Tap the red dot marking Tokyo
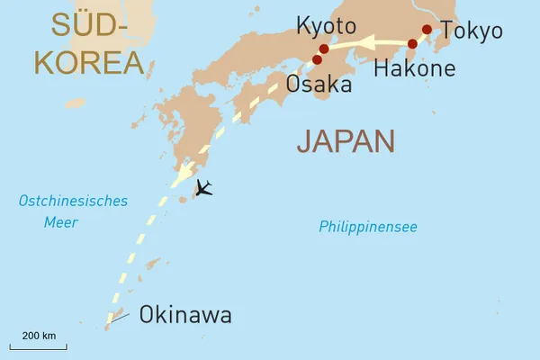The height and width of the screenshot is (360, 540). point(427,29)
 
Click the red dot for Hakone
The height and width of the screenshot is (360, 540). point(412,43)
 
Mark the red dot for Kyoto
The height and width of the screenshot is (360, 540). point(324,49)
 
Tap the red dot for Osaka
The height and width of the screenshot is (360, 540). point(317,60)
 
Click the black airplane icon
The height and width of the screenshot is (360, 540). point(204,188)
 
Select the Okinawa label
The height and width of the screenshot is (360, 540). point(185,315)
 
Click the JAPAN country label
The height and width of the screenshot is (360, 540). point(346,141)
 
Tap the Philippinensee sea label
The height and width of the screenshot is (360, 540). point(367,228)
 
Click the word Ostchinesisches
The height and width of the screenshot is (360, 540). point(74,202)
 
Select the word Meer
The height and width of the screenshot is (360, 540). point(61,222)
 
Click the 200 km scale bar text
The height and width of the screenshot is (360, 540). point(38,336)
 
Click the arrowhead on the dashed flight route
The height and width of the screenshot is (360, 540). point(183,173)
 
